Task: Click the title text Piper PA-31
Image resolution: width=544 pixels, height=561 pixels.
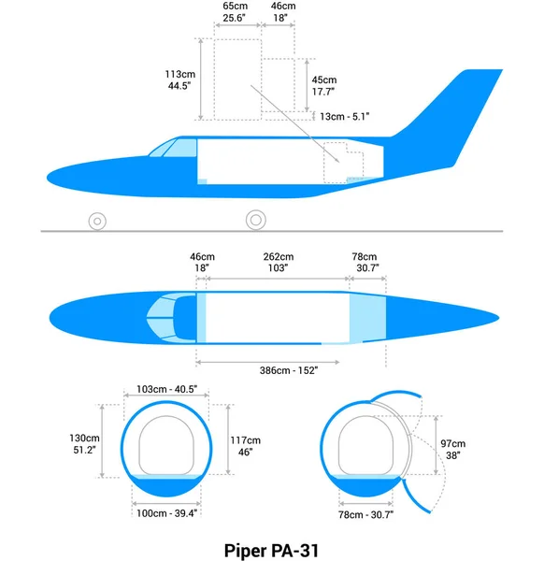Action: coord(271,550)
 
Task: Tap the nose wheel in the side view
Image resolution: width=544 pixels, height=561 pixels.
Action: coord(96,222)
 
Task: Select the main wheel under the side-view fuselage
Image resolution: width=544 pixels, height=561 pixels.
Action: coord(254,221)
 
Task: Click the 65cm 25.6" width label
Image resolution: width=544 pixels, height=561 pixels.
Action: coord(235,11)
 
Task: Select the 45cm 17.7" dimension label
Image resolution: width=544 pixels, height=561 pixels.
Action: coord(323,86)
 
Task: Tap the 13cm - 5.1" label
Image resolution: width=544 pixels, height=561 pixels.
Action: coord(344,117)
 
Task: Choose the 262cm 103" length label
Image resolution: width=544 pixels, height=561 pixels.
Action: coord(278,263)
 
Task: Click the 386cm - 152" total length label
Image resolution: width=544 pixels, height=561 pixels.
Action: coord(289,371)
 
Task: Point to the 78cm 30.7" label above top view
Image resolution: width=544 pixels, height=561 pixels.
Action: coord(364,263)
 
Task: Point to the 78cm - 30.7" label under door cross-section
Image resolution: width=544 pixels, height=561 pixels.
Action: coord(365,514)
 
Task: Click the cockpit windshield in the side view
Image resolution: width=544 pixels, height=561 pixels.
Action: coord(179,148)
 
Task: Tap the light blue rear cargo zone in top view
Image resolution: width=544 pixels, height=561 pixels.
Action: coord(366,318)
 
